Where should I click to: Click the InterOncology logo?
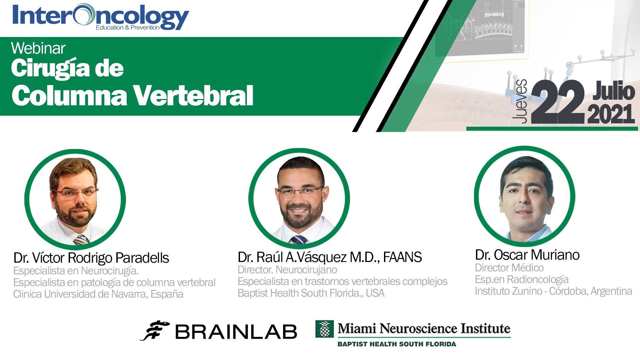(x=101, y=17)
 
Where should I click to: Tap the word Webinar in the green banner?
(x=38, y=49)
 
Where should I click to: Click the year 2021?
(x=611, y=114)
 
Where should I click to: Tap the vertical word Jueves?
(x=520, y=102)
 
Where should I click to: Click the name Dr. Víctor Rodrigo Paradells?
(x=91, y=258)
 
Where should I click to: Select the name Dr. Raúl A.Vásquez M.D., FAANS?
(x=330, y=257)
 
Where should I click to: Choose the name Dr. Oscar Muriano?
(x=527, y=255)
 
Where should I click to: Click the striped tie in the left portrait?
(x=81, y=239)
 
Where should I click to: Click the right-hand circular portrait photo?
(x=524, y=196)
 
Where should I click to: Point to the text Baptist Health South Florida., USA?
(x=311, y=293)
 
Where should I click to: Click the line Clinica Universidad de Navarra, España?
(x=98, y=294)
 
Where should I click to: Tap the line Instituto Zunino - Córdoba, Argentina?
(x=554, y=291)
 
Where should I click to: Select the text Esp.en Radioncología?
(x=522, y=279)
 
